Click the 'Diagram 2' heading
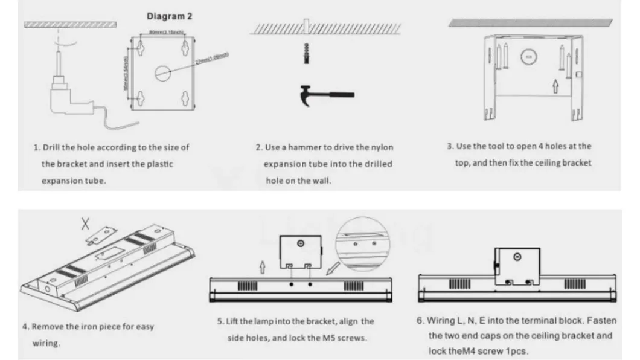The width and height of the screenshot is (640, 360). (170, 16)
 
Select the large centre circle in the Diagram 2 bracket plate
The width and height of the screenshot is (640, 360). (164, 73)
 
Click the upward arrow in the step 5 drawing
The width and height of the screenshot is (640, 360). (261, 266)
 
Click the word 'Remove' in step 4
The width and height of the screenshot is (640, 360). (47, 327)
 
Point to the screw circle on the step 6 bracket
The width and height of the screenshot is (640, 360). (516, 257)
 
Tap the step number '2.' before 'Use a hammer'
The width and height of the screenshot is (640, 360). (259, 147)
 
